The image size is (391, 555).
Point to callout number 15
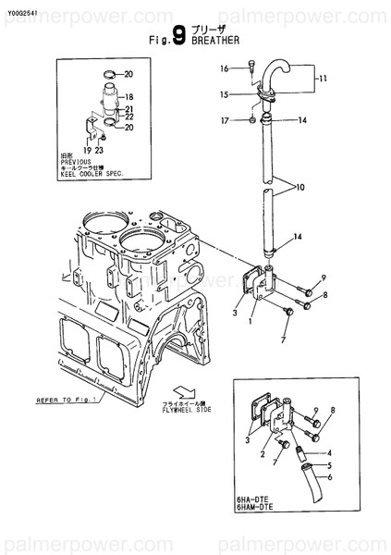coord(224,93)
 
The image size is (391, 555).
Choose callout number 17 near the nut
coord(224,121)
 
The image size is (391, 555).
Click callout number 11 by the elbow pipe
coord(323,80)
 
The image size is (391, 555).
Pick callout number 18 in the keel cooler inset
coord(128,96)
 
